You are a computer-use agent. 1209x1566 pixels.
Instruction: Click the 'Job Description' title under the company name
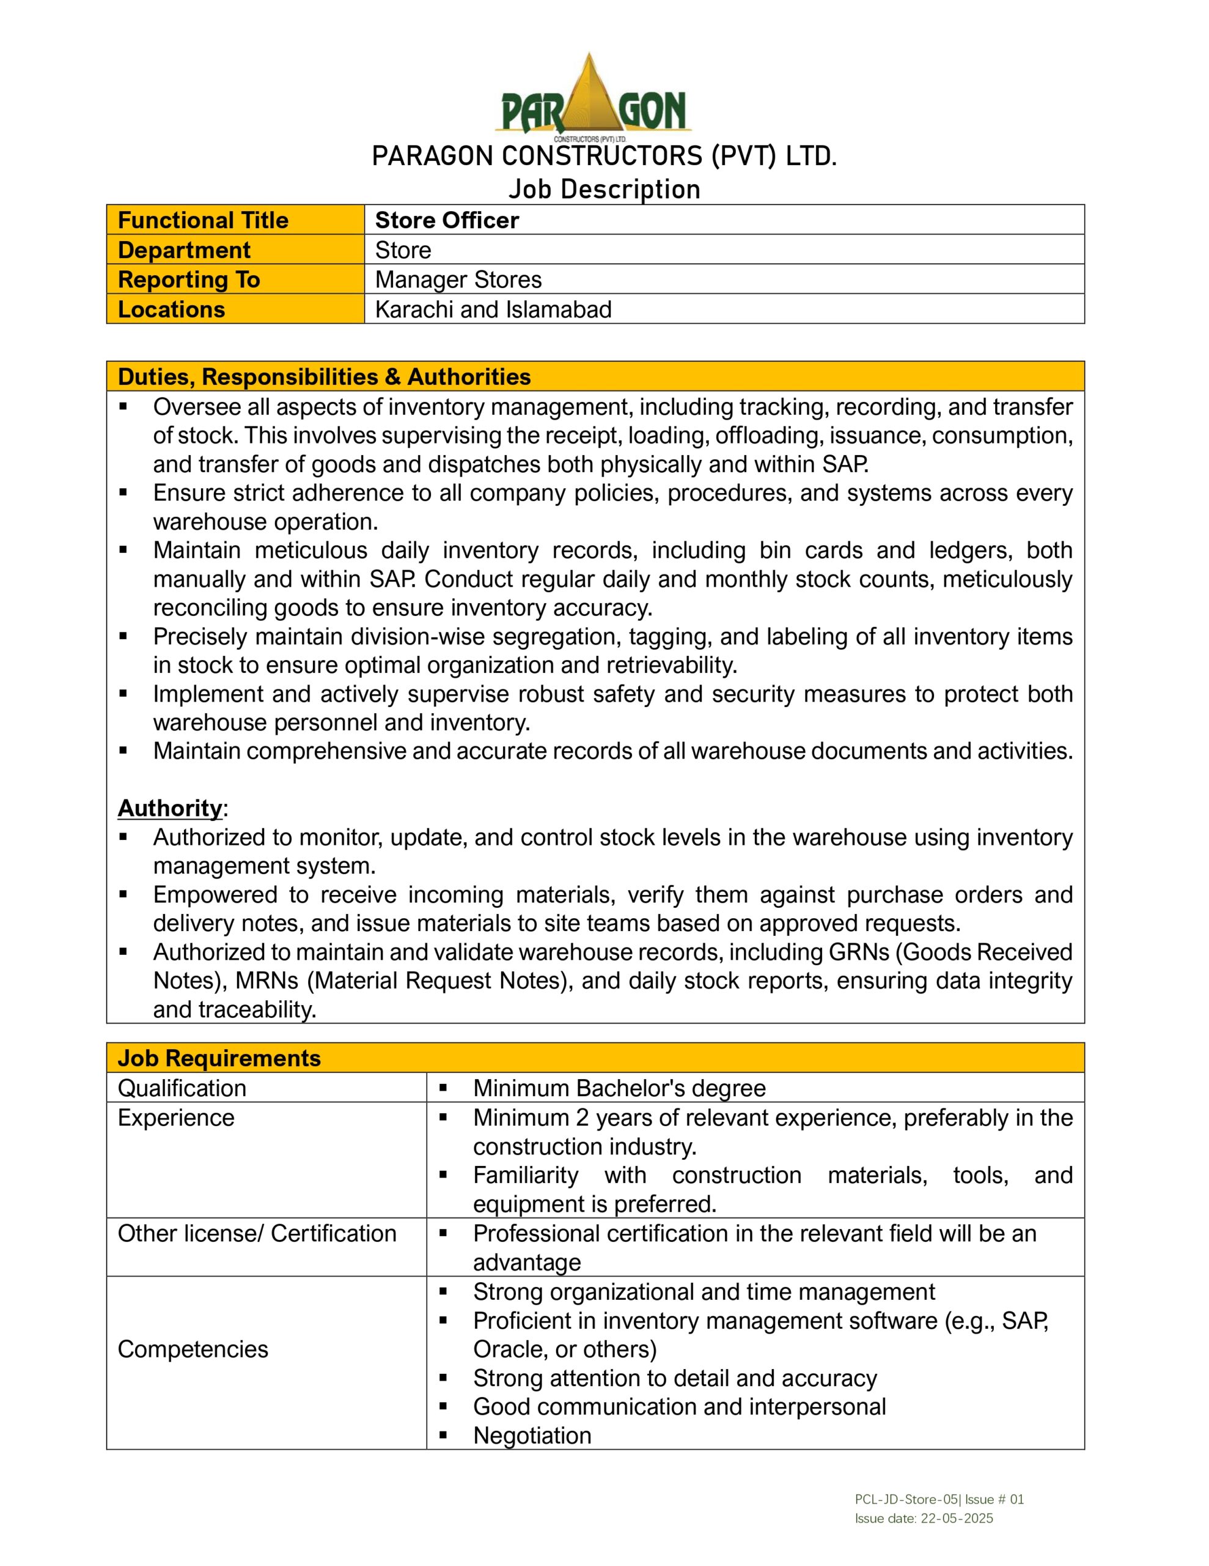tap(604, 189)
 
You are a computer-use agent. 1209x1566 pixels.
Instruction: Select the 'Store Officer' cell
tap(446, 220)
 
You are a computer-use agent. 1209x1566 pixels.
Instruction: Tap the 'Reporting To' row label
tap(188, 280)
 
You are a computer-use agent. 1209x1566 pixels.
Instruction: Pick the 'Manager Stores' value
tap(458, 280)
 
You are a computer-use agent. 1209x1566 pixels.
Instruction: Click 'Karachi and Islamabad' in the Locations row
tap(493, 310)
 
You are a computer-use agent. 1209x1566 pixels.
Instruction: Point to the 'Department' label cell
tap(184, 250)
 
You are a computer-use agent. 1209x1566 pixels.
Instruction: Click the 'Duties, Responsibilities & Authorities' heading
tap(324, 377)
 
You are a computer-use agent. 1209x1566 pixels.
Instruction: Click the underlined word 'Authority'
tap(170, 808)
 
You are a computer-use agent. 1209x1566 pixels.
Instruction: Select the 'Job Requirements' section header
tap(219, 1058)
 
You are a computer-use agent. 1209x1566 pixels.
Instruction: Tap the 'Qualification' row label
tap(182, 1088)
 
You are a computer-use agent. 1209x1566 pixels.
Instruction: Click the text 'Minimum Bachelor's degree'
tap(619, 1088)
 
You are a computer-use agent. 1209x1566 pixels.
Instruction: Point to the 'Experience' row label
tap(176, 1118)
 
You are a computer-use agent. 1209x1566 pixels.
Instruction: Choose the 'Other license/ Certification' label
tap(257, 1233)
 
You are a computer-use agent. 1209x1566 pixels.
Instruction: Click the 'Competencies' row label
tap(193, 1349)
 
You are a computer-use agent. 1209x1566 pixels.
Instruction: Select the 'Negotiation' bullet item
tap(532, 1436)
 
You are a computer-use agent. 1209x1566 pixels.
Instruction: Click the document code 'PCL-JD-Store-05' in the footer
tap(906, 1499)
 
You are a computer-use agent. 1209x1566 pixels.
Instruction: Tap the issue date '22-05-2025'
tap(957, 1518)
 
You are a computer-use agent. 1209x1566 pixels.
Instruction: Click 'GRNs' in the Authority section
tap(861, 952)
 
